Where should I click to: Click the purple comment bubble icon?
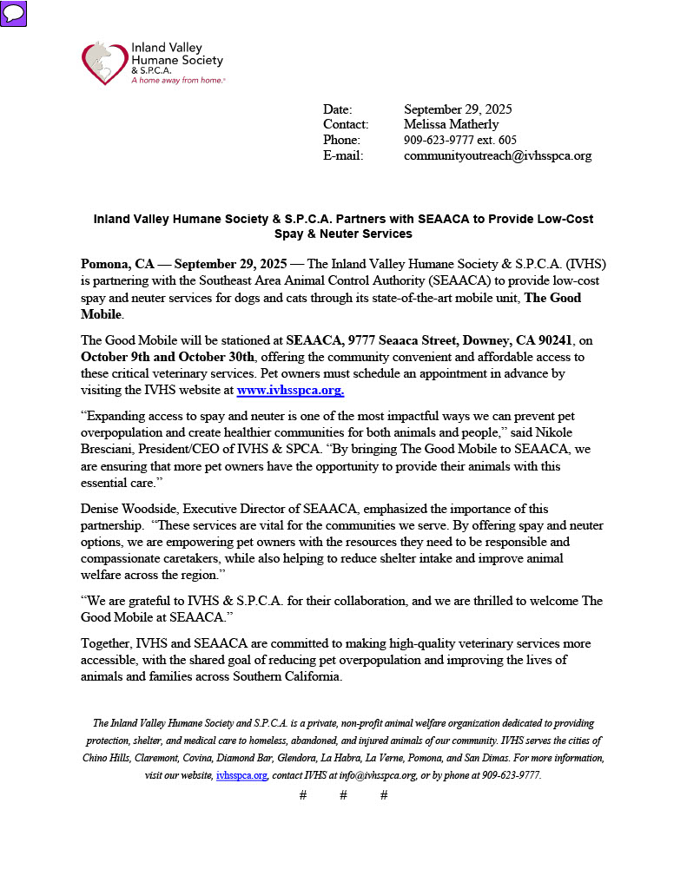[14, 13]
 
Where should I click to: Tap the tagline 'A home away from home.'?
[177, 80]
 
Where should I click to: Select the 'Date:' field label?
[337, 109]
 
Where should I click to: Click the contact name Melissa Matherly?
[451, 125]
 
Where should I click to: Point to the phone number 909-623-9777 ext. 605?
[459, 141]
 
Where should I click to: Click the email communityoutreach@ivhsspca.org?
[497, 156]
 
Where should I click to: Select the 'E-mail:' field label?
[342, 156]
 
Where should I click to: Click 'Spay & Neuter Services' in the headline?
[343, 234]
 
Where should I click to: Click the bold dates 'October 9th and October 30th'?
[168, 357]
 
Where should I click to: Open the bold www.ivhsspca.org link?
[290, 391]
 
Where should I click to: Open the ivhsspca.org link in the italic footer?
[241, 775]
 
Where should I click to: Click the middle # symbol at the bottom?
[343, 795]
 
